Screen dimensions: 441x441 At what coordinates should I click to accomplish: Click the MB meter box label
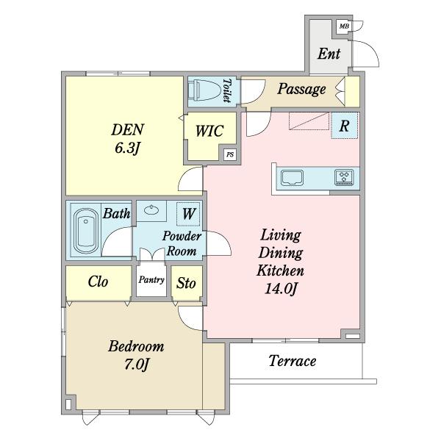[344, 26]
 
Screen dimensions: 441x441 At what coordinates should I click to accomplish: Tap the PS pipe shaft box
[230, 154]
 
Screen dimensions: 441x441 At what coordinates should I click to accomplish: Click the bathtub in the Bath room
[86, 231]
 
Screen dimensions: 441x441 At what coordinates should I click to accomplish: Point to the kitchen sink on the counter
[293, 177]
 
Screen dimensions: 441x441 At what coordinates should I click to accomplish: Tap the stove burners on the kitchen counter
[344, 177]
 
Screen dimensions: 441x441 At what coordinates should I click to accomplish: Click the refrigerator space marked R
[344, 126]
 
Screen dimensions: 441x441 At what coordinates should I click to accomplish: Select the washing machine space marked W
[188, 214]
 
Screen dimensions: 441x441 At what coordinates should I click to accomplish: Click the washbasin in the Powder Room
[151, 209]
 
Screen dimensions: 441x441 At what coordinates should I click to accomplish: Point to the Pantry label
[151, 280]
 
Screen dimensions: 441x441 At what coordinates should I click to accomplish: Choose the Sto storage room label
[186, 283]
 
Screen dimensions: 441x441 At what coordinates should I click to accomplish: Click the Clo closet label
[98, 282]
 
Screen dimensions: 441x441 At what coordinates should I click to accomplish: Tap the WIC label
[209, 131]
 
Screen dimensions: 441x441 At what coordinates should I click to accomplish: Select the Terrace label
[293, 361]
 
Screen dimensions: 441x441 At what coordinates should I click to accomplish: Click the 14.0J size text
[281, 289]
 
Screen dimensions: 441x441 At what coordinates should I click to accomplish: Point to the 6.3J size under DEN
[127, 148]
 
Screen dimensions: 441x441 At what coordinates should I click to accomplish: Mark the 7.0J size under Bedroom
[136, 365]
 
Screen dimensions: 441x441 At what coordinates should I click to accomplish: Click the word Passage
[301, 89]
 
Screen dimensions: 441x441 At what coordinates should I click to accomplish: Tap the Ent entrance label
[329, 54]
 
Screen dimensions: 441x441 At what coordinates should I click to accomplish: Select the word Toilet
[226, 90]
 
